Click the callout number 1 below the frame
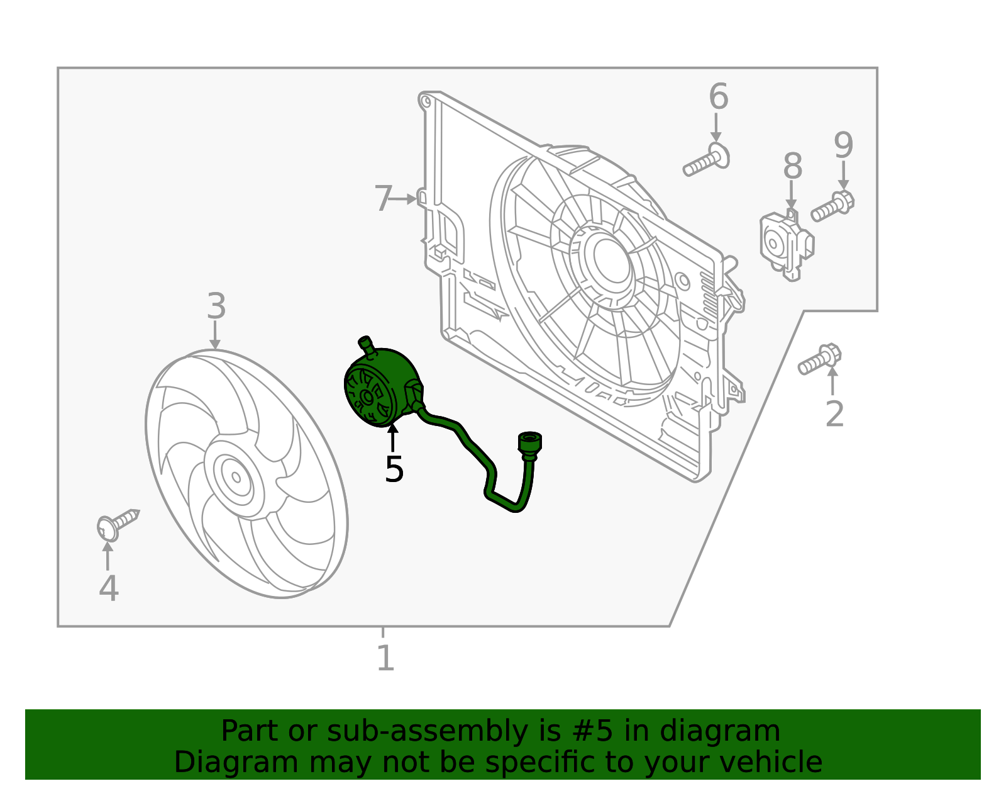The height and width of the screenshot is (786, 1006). [x=385, y=658]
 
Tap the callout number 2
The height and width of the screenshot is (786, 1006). [x=834, y=413]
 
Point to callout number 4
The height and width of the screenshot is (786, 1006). [x=109, y=588]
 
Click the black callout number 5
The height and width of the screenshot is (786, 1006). [x=394, y=469]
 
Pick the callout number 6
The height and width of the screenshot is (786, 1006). [x=718, y=97]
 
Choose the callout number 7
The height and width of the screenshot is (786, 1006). [x=383, y=199]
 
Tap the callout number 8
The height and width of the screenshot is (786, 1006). [x=792, y=167]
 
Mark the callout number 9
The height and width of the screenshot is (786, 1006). [x=843, y=145]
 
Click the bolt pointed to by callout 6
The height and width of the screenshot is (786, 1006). [x=706, y=160]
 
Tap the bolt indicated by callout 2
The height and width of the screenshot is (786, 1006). [x=820, y=359]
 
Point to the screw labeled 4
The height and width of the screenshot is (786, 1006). [x=118, y=523]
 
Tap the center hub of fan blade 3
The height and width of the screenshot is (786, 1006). [x=236, y=476]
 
